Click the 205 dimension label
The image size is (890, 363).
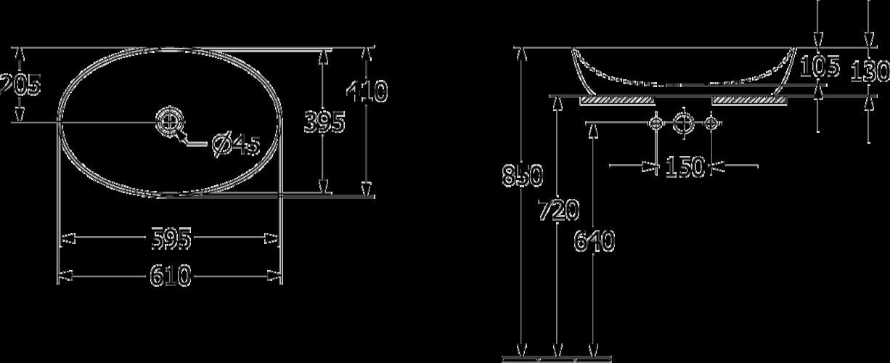coord(20,86)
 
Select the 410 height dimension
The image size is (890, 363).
coord(367,91)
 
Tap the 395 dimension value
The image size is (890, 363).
coord(324,123)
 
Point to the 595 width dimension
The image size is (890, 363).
coord(171,238)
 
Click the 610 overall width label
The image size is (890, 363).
coord(171,275)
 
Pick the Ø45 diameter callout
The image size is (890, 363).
coord(236,145)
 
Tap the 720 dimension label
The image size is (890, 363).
coord(558,211)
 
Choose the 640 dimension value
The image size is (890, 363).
coord(595,240)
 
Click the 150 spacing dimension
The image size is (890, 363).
coord(684,167)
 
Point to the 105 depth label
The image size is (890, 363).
coord(819,67)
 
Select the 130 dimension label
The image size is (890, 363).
coord(870,71)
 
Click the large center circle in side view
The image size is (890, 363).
coord(683,123)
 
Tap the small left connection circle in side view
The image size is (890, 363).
coord(656,123)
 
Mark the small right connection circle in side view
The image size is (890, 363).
coord(711,123)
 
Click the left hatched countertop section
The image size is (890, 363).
coord(617,100)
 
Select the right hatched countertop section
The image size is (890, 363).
coord(749,100)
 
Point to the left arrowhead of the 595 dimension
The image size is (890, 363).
coord(65,238)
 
